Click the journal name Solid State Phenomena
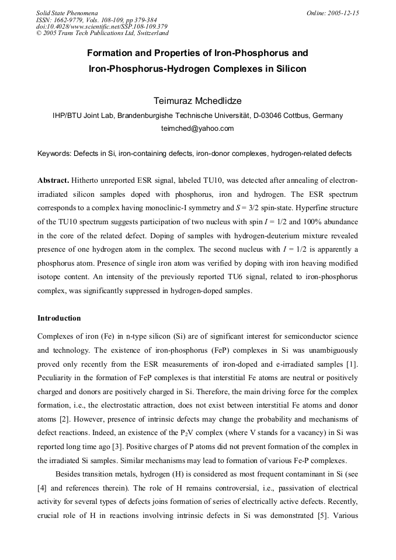click(x=67, y=13)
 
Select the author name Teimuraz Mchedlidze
click(x=197, y=100)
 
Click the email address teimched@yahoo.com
click(x=197, y=128)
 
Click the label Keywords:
click(x=54, y=154)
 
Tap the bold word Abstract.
click(x=53, y=180)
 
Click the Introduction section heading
click(x=59, y=318)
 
